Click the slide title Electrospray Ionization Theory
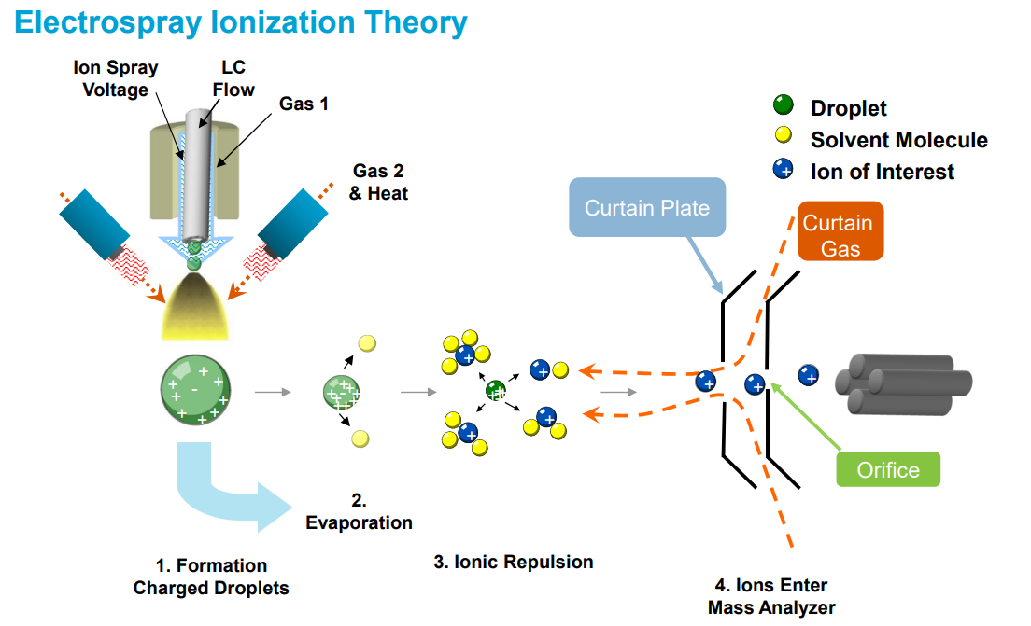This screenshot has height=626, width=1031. [x=241, y=22]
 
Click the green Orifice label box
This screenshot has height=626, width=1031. [x=887, y=470]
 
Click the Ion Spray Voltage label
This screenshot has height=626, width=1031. [x=115, y=79]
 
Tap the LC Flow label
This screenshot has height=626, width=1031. [x=233, y=79]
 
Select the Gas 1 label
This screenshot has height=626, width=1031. [x=304, y=104]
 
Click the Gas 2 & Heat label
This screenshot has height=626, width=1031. [x=379, y=182]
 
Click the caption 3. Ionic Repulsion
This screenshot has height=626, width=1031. [x=513, y=562]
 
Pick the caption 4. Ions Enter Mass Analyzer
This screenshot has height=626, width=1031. [x=770, y=596]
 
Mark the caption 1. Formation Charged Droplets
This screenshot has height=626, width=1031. [x=211, y=577]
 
